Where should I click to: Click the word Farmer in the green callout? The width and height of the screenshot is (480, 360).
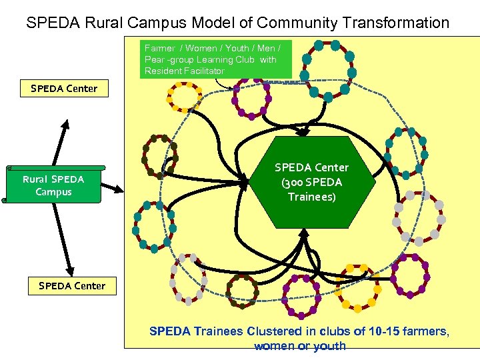point(159,48)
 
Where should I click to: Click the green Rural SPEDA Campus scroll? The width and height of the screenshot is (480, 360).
point(54,185)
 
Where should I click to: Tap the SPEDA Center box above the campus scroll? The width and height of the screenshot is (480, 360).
point(64,89)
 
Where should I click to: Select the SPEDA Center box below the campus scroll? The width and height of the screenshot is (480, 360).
point(72,286)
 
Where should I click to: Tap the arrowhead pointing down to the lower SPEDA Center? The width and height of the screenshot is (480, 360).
point(70,269)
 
